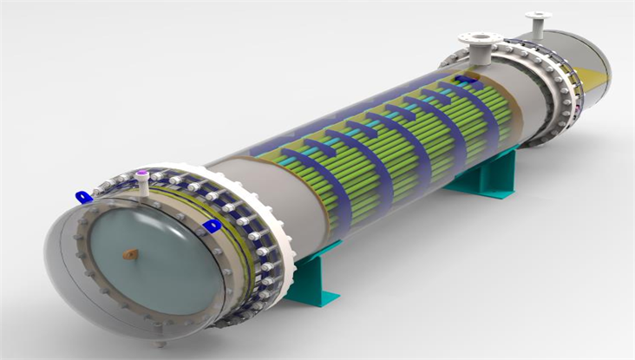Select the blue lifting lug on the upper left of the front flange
[x=83, y=197]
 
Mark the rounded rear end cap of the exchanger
[x=590, y=69]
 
